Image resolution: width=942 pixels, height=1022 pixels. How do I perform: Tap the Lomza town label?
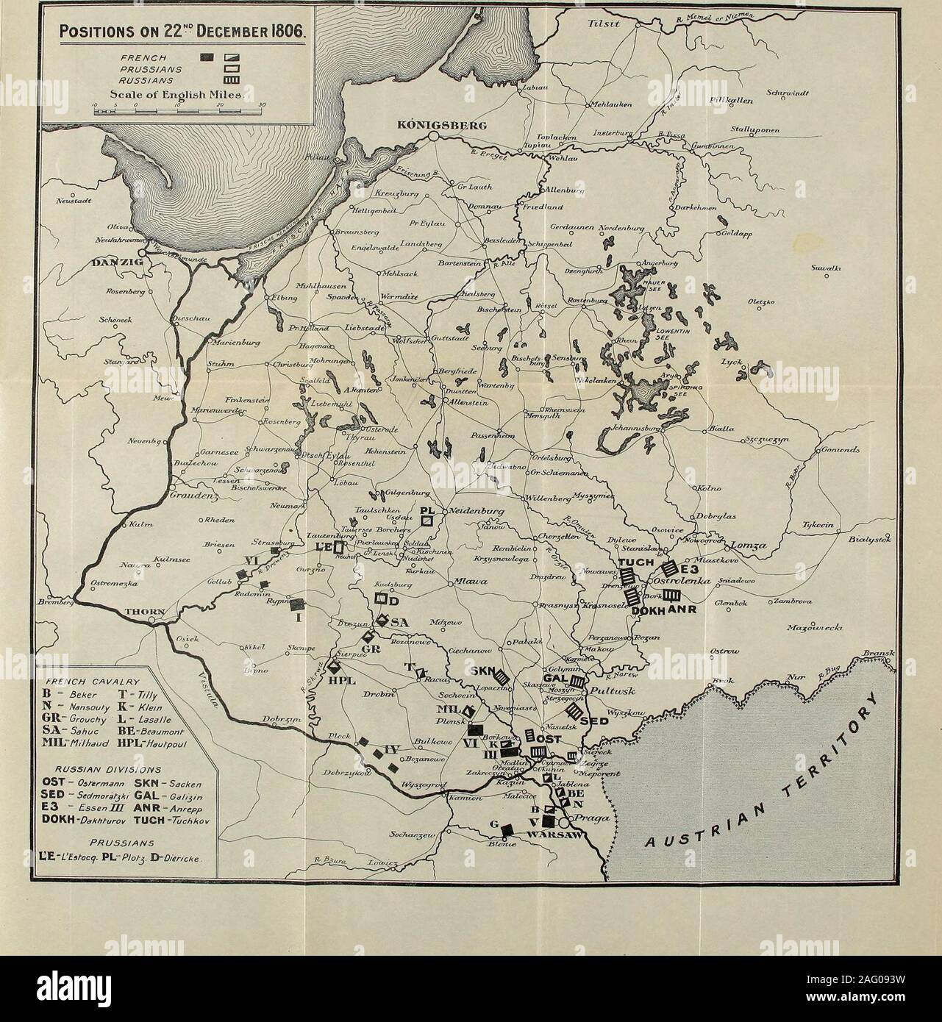[747, 548]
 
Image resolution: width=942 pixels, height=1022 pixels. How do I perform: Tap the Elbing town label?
[282, 299]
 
